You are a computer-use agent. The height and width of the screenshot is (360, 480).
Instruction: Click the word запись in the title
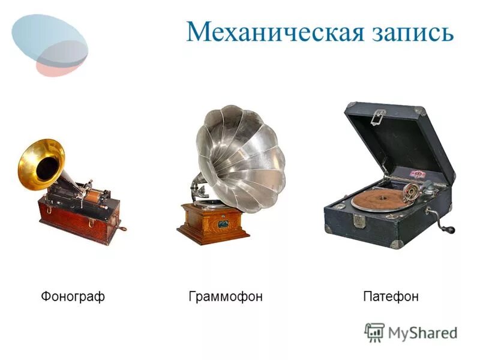(x=410, y=33)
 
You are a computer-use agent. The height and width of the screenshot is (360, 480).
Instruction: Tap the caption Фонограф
(x=73, y=296)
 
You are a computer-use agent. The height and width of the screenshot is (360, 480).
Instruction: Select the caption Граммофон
(x=226, y=296)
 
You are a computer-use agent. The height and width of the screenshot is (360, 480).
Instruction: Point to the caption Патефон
(x=391, y=296)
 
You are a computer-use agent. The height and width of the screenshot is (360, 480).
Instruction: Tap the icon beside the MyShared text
(x=374, y=332)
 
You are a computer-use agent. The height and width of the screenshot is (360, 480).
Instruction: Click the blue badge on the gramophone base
(x=223, y=223)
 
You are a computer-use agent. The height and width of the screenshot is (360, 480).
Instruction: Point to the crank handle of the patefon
(x=446, y=228)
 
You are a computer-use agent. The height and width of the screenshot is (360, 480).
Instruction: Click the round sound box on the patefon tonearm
(x=412, y=190)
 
